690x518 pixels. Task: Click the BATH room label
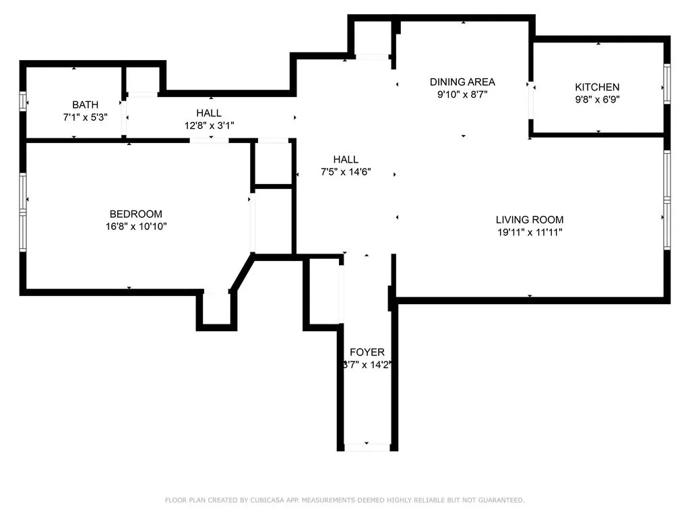point(86,105)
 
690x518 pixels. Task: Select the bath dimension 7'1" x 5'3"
point(86,116)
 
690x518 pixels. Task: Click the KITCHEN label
point(597,87)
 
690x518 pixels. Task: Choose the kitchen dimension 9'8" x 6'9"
point(597,99)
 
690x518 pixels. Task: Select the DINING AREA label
point(462,82)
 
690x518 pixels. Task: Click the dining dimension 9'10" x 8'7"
point(462,94)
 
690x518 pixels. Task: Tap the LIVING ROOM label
point(530,220)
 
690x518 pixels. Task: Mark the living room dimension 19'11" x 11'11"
point(530,232)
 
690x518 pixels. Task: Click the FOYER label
point(367,352)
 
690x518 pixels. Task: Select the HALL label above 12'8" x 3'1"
point(209,113)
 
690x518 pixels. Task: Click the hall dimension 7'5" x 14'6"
point(346,172)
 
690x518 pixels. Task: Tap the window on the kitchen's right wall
point(666,84)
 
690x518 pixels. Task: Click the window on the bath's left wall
point(23,101)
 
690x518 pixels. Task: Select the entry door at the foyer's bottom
point(367,447)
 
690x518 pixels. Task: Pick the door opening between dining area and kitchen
point(531,100)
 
